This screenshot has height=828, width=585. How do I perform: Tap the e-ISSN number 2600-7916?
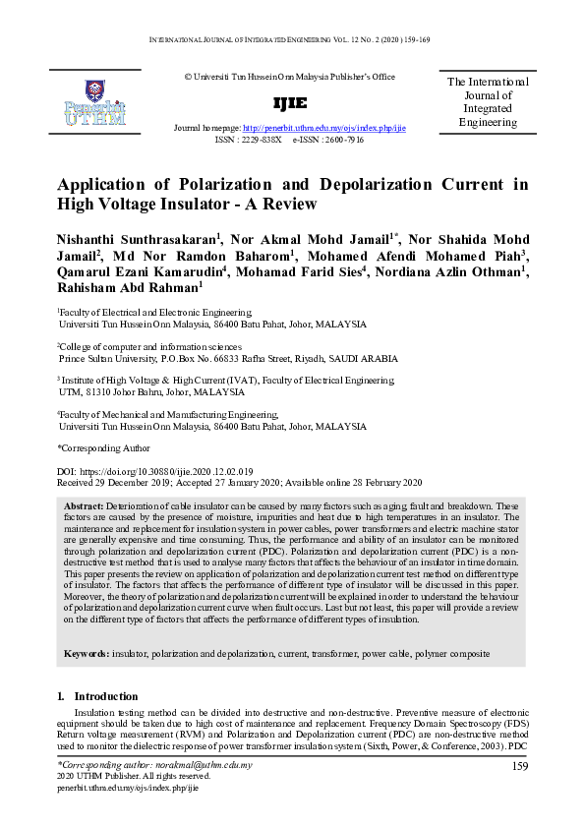(x=340, y=141)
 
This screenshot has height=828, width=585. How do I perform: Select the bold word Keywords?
(x=87, y=654)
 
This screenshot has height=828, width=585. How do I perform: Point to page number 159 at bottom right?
(x=519, y=765)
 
